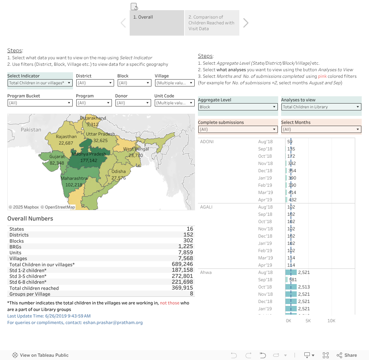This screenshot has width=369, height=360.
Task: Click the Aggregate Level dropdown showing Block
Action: pyautogui.click(x=238, y=107)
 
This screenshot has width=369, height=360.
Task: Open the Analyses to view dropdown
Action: pyautogui.click(x=321, y=107)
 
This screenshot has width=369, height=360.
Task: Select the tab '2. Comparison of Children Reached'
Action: pyautogui.click(x=212, y=23)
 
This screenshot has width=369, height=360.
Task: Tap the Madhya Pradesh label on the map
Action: pyautogui.click(x=89, y=154)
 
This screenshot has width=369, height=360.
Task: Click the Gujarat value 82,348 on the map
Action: pyautogui.click(x=57, y=163)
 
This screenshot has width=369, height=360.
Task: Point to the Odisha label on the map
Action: pyautogui.click(x=119, y=171)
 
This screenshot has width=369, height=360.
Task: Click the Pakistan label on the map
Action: pyautogui.click(x=31, y=129)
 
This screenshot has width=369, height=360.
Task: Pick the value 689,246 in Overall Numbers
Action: pyautogui.click(x=182, y=264)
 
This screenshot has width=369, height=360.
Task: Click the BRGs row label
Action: pyautogui.click(x=15, y=247)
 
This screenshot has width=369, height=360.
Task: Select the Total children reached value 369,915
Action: pyautogui.click(x=182, y=288)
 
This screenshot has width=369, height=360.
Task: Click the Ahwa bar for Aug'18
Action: pyautogui.click(x=291, y=272)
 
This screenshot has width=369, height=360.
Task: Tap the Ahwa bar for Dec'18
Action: pyautogui.click(x=291, y=302)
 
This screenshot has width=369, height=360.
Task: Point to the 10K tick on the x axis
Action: pyautogui.click(x=331, y=321)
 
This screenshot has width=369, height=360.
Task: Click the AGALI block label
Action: pyautogui.click(x=206, y=207)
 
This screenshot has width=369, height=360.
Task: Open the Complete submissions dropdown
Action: pyautogui.click(x=238, y=129)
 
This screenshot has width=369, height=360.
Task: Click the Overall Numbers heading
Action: pyautogui.click(x=30, y=219)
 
